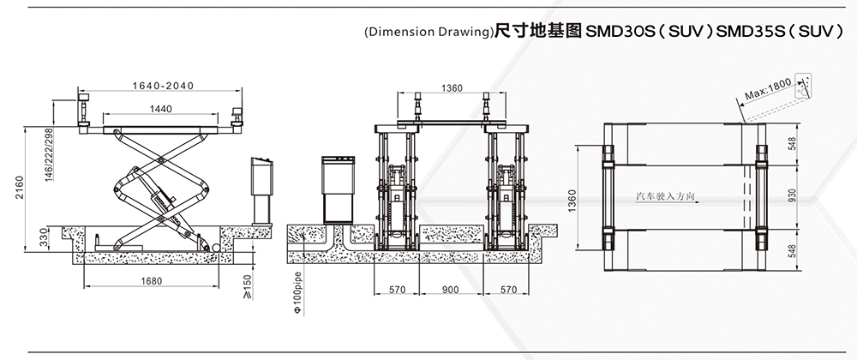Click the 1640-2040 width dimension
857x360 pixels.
pyautogui.click(x=162, y=85)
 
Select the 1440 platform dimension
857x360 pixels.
pyautogui.click(x=160, y=109)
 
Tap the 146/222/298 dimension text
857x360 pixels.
pyautogui.click(x=50, y=153)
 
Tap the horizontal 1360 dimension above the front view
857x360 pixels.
pyautogui.click(x=452, y=88)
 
